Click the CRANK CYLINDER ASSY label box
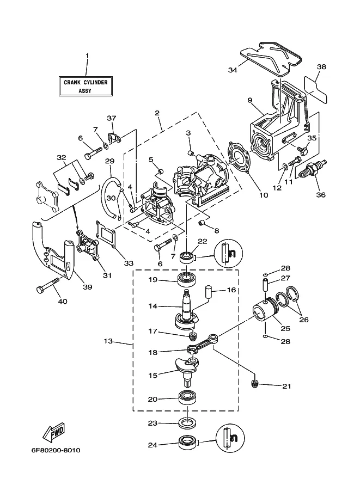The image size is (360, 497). (x=86, y=86)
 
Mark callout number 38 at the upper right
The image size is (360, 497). (x=321, y=67)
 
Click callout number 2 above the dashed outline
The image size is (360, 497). (x=157, y=113)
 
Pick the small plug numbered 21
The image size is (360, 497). (x=255, y=385)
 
